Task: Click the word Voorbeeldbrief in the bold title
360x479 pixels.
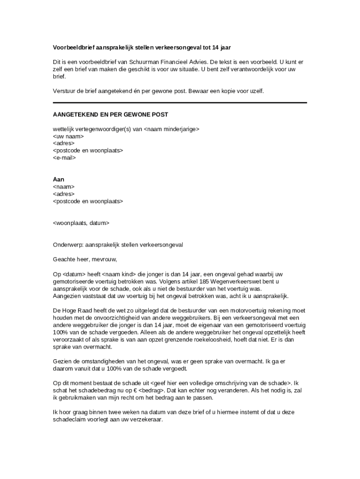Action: tap(72, 48)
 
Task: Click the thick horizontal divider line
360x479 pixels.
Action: tap(180, 102)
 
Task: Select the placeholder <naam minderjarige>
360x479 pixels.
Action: tap(171, 129)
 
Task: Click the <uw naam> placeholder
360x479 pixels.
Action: tap(68, 136)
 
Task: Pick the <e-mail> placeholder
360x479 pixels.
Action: tap(65, 158)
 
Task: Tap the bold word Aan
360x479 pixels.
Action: tap(58, 180)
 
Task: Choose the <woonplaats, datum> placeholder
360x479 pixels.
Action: tap(81, 223)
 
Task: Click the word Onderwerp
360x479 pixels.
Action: tap(68, 245)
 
